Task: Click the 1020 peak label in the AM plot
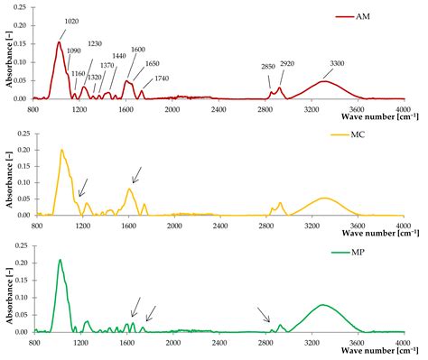click(72, 21)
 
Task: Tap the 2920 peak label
click(286, 65)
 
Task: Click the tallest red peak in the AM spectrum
click(60, 42)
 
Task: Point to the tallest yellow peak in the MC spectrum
click(61, 150)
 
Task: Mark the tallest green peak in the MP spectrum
click(60, 260)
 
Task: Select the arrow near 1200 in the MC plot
click(83, 187)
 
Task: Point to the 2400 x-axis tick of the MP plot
click(219, 344)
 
